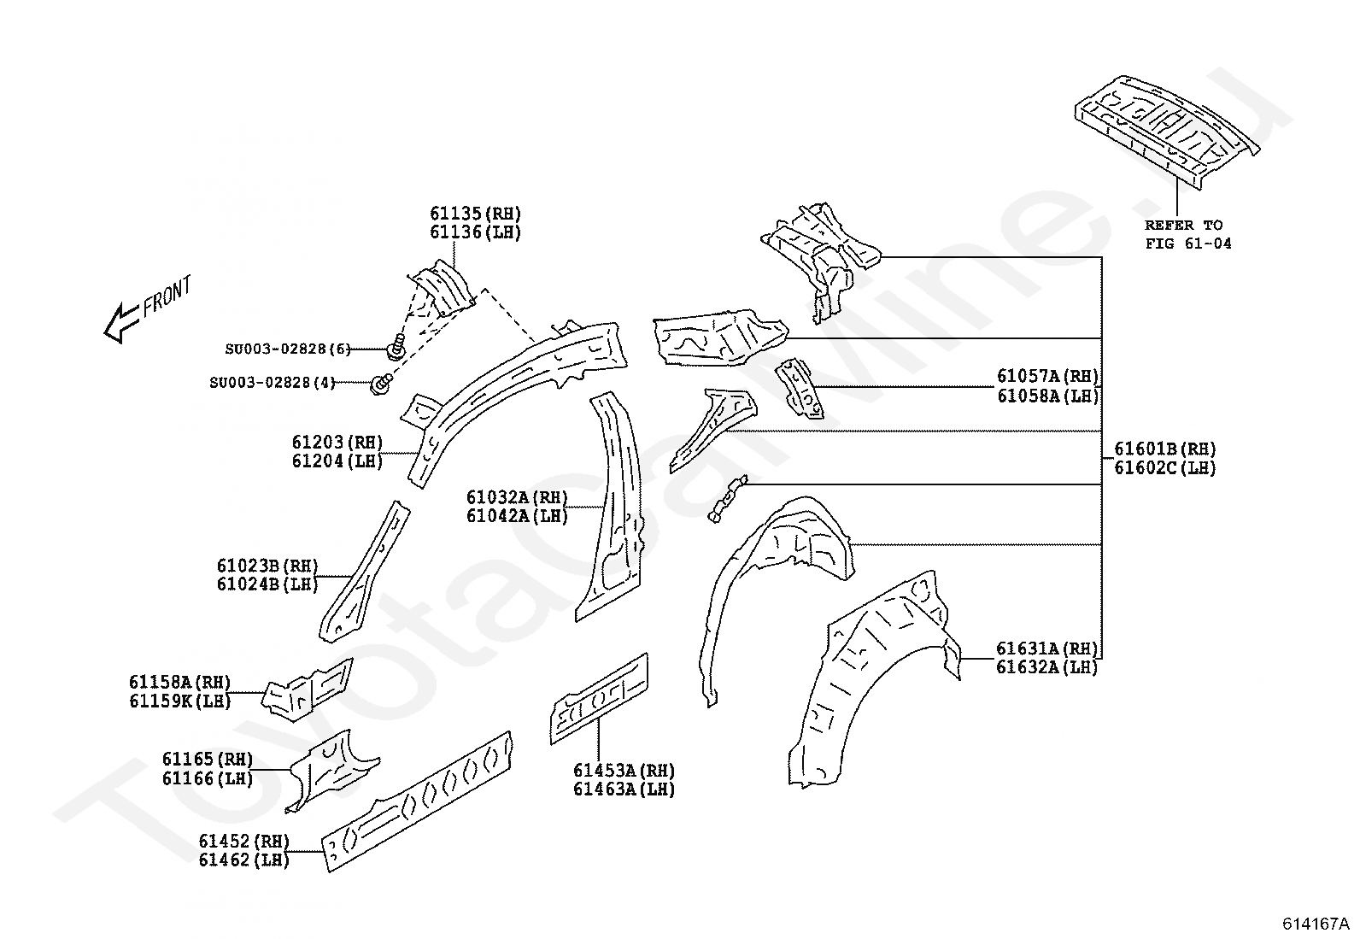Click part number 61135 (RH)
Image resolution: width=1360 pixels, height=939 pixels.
(475, 214)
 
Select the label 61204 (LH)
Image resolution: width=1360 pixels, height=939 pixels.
(337, 461)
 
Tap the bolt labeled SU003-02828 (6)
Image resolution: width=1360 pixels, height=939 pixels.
(396, 346)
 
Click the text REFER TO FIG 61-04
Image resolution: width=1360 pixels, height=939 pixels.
(1188, 234)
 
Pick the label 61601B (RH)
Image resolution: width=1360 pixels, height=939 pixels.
(1165, 449)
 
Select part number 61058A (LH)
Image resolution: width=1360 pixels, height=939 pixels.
(1048, 396)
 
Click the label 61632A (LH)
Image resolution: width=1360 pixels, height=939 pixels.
(1046, 667)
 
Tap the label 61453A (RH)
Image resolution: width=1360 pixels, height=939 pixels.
(624, 771)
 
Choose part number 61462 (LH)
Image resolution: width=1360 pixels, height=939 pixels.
(244, 860)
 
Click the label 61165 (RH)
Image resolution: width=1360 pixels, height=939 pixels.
(208, 760)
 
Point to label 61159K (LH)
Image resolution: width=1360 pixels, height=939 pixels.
(180, 701)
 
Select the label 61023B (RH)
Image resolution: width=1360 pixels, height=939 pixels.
(267, 566)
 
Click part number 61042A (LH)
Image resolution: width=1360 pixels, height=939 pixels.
(518, 516)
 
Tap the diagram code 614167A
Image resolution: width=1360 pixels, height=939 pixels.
(1316, 924)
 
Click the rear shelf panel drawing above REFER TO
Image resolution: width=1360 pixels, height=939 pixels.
(1166, 132)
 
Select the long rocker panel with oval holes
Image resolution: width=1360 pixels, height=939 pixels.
(417, 801)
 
